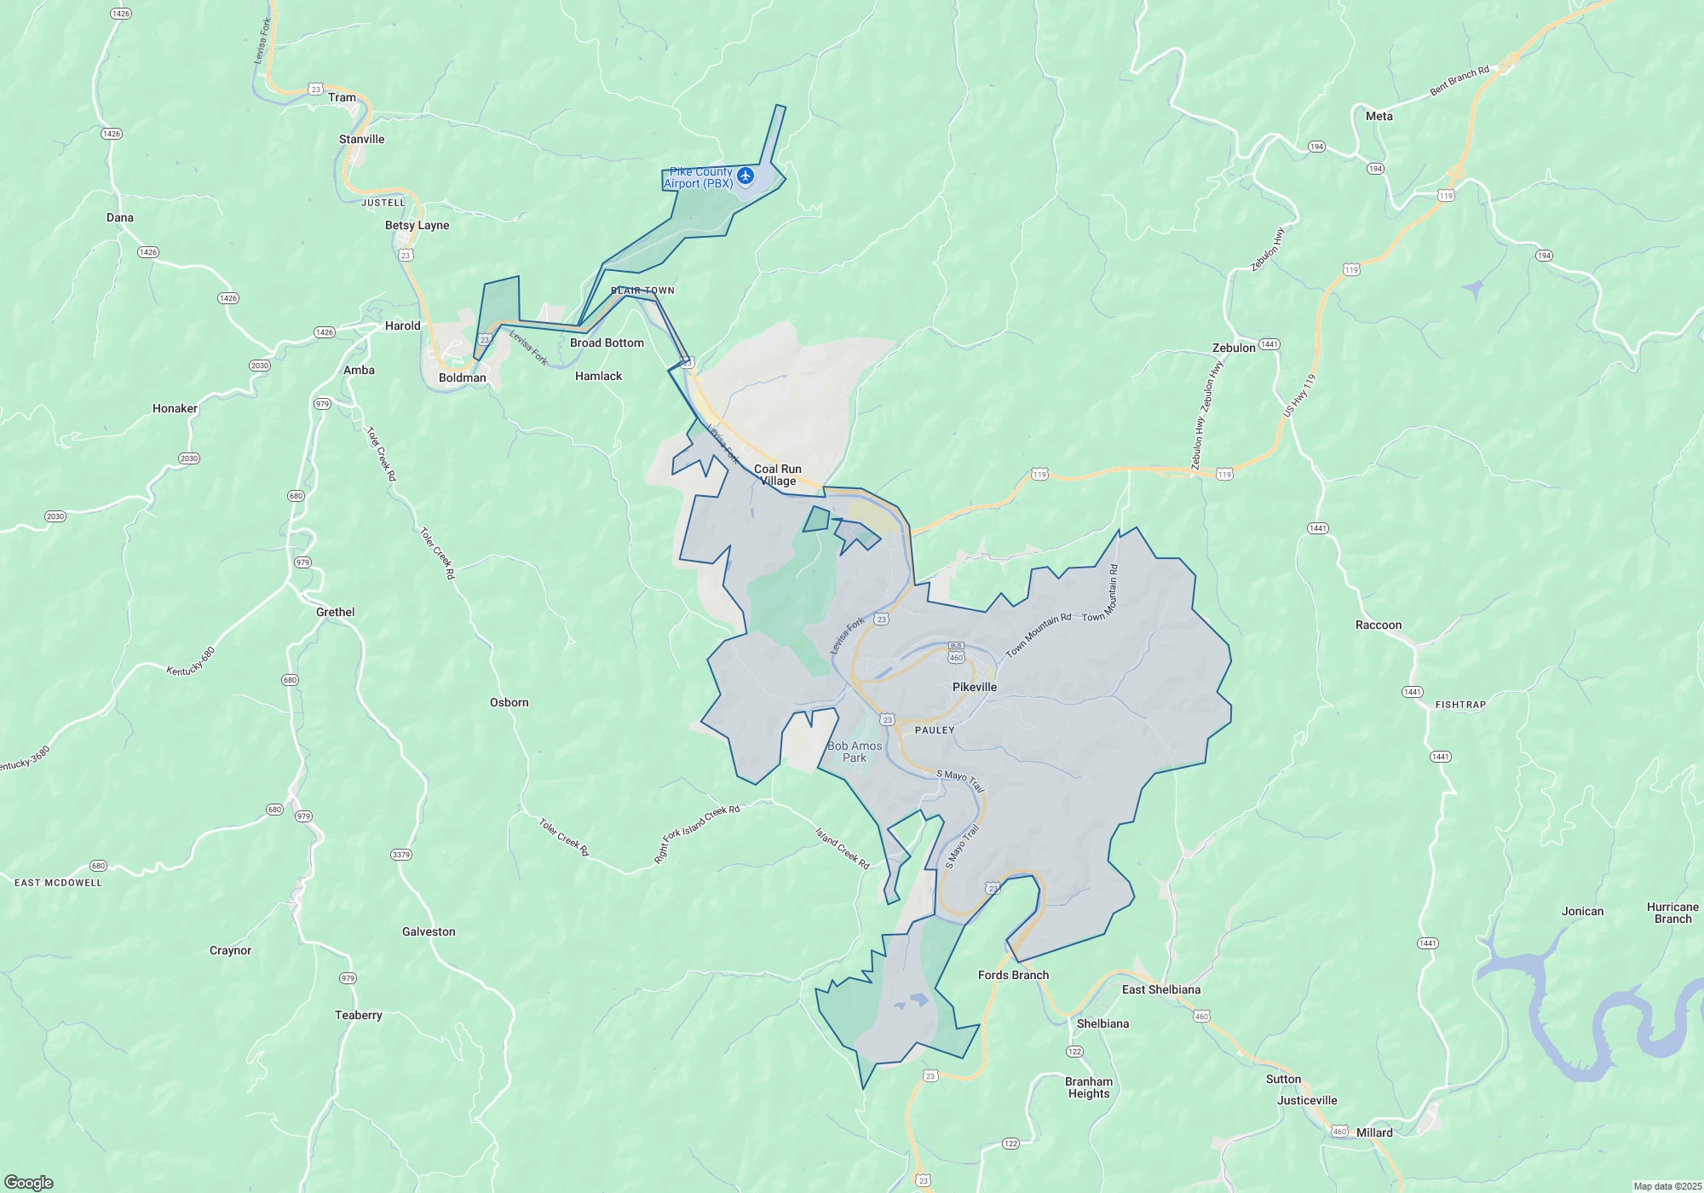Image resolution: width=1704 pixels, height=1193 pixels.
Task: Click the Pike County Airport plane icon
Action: [x=745, y=176]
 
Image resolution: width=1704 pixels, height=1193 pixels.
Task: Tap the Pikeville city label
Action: [x=974, y=687]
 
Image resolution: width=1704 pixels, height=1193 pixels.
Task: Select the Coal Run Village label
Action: [x=777, y=475]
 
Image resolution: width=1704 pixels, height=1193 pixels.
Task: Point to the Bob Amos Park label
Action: [x=855, y=752]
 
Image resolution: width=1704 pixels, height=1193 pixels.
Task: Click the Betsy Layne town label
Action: [x=417, y=225]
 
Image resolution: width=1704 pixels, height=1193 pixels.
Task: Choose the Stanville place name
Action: [x=361, y=139]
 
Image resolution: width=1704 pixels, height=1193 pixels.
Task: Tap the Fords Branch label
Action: [x=1013, y=975]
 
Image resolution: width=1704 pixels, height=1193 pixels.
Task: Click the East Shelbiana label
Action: [x=1160, y=989]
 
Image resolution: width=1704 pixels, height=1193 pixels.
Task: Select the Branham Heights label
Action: [x=1088, y=1087]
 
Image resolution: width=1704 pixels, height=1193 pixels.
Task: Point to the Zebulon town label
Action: [x=1233, y=348]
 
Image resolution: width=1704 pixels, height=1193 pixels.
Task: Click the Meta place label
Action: [x=1379, y=116]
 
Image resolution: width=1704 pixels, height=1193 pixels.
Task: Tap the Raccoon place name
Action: [x=1378, y=625]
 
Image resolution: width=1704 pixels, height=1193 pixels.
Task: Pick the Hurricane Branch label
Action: [x=1672, y=913]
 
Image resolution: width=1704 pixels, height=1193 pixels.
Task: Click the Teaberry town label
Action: [x=358, y=1015]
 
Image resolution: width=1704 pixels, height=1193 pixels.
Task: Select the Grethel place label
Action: [x=335, y=612]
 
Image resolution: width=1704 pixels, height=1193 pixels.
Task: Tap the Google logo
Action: [x=29, y=1182]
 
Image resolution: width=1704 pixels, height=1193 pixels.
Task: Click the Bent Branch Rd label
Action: [x=1459, y=81]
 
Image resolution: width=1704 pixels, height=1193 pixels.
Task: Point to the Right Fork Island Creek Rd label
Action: [x=696, y=834]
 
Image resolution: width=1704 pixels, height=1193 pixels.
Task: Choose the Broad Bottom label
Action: [x=607, y=343]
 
